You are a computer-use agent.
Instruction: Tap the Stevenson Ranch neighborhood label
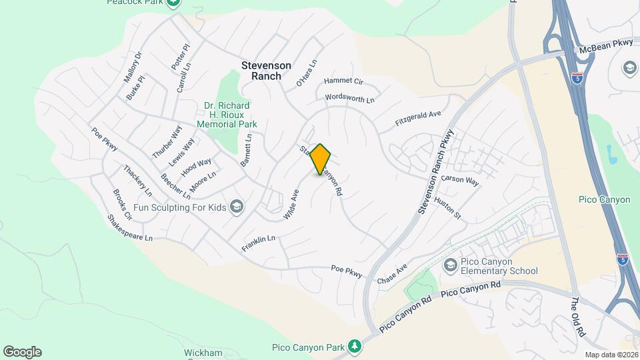[x=266, y=71]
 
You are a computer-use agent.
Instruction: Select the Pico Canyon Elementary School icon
[x=450, y=265]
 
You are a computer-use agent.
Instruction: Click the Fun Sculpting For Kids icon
[x=236, y=207]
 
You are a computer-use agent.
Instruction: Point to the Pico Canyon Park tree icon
[x=356, y=347]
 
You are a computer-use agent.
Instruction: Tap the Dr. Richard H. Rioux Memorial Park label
[x=227, y=115]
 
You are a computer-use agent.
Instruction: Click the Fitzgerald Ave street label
[x=418, y=119]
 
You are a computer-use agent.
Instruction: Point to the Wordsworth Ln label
[x=349, y=98]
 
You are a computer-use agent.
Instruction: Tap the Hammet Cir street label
[x=343, y=81]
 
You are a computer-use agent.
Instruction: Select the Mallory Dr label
[x=133, y=67]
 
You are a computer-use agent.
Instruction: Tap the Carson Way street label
[x=460, y=181]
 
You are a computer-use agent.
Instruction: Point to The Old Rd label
[x=577, y=316]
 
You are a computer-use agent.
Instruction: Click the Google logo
[x=22, y=352]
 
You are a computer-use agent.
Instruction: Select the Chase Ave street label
[x=392, y=272]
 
